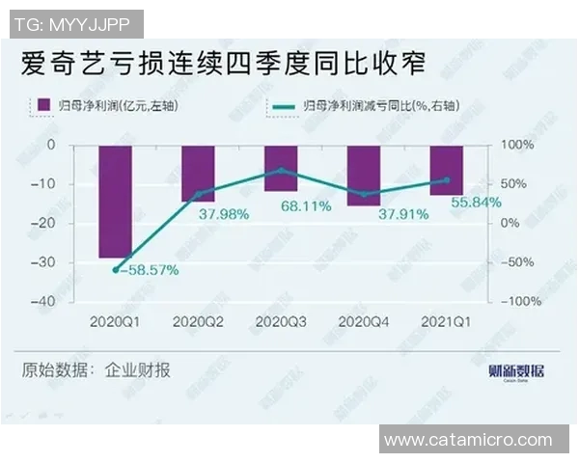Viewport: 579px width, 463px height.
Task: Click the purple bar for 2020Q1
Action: [x=116, y=202]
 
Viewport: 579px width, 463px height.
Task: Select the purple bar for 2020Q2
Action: [x=198, y=174]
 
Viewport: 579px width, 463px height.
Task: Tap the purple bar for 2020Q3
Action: [x=281, y=168]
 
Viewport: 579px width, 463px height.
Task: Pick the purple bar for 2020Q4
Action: [x=364, y=175]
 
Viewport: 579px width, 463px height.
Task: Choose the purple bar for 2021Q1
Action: [x=446, y=170]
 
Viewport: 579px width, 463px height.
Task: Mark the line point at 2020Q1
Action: [x=116, y=270]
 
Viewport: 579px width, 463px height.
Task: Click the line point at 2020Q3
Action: [x=281, y=170]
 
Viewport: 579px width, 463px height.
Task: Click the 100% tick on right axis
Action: [x=514, y=145]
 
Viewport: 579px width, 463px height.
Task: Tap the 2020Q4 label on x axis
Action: [x=364, y=320]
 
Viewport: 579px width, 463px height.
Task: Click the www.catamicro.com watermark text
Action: [x=473, y=441]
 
